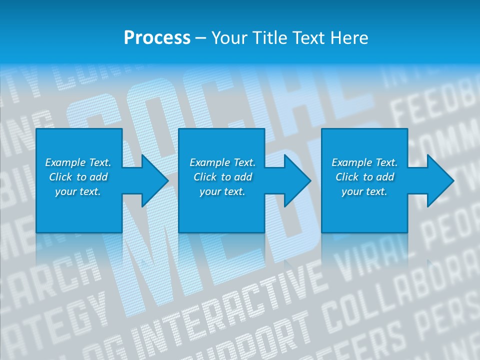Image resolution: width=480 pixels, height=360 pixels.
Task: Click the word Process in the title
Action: point(157,38)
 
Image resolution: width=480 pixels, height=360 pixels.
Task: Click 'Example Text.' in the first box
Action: point(78,162)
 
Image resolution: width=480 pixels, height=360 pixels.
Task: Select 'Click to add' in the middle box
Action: point(223,177)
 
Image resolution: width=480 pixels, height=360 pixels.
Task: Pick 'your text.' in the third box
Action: point(364,191)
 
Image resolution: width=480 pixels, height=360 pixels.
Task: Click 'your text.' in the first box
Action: point(78,191)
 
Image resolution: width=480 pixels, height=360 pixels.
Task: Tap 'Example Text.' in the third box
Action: point(364,162)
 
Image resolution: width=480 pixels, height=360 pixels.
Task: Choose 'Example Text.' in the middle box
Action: point(223,162)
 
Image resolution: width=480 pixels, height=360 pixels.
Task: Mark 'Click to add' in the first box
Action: point(78,177)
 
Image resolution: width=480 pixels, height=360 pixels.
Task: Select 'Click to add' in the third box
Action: point(364,177)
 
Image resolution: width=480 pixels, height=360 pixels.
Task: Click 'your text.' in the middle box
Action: point(223,191)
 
